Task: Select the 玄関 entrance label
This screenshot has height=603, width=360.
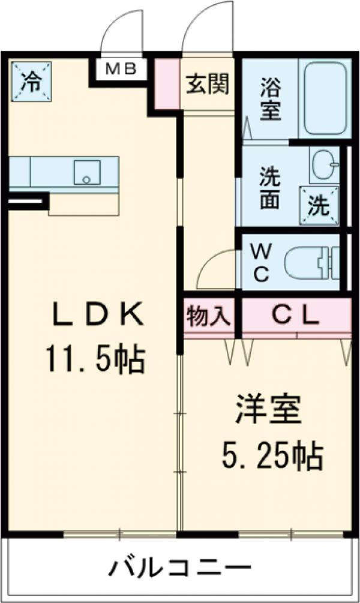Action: [x=207, y=85]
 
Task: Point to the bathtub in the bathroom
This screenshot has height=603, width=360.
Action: [x=326, y=98]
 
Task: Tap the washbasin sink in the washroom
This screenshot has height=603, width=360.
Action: [x=323, y=164]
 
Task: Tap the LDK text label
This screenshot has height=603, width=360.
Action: [x=97, y=315]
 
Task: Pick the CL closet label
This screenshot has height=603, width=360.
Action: [x=296, y=316]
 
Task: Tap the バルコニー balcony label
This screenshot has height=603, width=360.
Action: [x=179, y=567]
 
